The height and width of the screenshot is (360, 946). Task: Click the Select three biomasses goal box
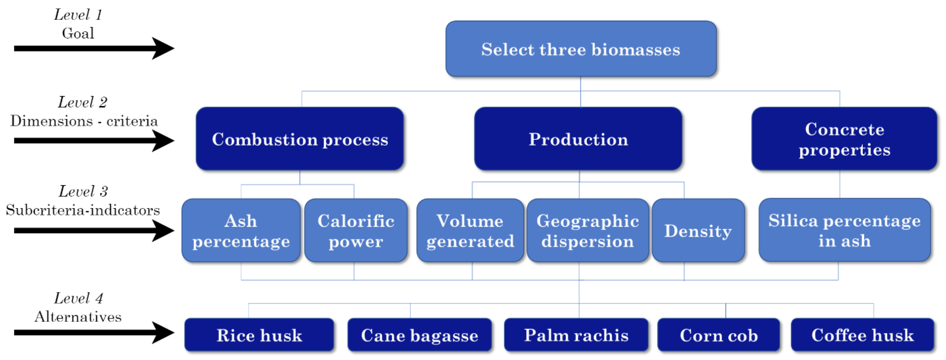[x=581, y=49]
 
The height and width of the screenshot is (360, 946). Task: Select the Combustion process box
[x=300, y=139]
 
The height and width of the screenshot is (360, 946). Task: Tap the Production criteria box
[x=578, y=139]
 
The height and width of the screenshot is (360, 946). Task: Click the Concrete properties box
[x=844, y=139]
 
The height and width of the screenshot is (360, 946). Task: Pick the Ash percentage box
[x=241, y=231]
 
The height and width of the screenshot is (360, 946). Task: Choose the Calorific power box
[x=355, y=231]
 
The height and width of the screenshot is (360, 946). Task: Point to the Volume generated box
[x=470, y=231]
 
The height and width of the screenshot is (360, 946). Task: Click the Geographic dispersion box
[x=587, y=231]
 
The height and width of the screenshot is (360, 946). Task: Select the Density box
[x=698, y=231]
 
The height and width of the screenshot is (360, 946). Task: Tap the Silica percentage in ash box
[x=844, y=230]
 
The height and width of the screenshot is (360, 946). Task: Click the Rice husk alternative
[x=259, y=335]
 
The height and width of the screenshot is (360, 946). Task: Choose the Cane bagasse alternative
[x=419, y=335]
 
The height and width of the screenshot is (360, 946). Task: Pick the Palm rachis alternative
[x=576, y=335]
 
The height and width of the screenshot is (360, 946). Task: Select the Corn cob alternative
[x=718, y=335]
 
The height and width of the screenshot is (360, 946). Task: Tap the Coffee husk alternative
[x=862, y=335]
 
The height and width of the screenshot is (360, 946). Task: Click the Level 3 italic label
[x=83, y=191]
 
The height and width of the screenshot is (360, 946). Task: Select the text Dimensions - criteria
[x=84, y=121]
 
